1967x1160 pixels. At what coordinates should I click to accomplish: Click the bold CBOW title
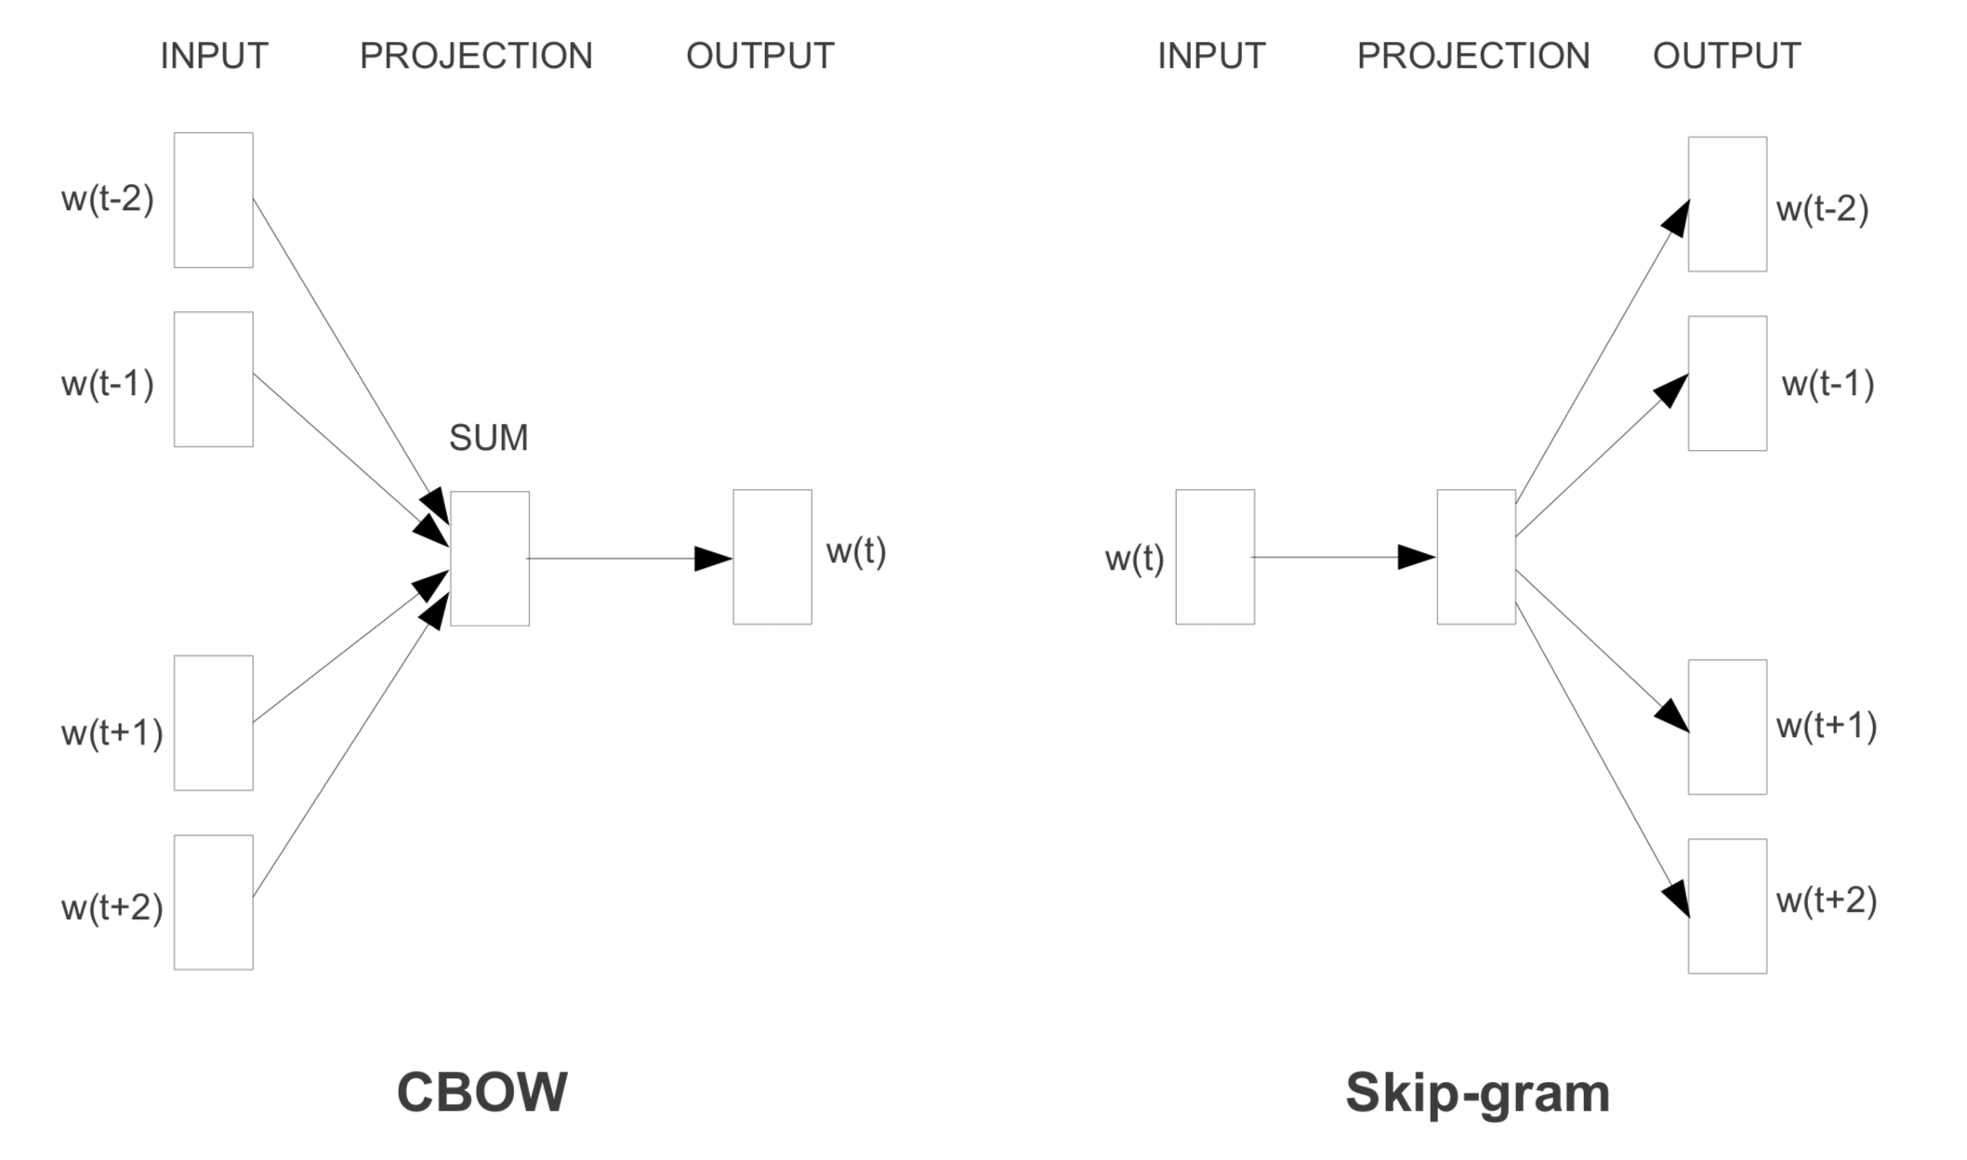coord(482,1092)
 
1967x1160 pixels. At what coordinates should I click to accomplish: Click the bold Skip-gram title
coord(1477,1093)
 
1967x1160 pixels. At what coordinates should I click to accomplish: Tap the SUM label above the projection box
coord(488,438)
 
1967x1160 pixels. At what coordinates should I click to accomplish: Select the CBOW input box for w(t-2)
coord(213,200)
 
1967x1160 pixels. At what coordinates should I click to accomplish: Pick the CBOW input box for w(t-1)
coord(213,379)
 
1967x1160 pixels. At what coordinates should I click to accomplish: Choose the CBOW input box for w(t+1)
coord(213,723)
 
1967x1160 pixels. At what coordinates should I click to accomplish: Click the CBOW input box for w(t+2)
coord(213,903)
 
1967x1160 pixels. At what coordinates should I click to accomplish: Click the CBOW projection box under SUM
coord(490,559)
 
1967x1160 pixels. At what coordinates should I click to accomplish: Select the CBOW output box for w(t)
coord(772,557)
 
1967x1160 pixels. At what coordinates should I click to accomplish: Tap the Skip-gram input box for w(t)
coord(1214,557)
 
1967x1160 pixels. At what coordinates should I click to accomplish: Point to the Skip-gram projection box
coord(1476,557)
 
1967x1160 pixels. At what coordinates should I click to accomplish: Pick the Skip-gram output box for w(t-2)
coord(1727,204)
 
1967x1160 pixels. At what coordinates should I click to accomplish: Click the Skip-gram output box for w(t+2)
coord(1727,906)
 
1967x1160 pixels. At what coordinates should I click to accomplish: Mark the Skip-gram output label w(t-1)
coord(1828,384)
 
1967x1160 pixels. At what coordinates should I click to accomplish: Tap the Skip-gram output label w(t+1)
coord(1827,726)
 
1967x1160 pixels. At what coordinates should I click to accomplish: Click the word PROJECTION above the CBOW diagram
coord(476,56)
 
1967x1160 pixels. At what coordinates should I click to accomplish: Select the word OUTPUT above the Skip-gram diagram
coord(1726,56)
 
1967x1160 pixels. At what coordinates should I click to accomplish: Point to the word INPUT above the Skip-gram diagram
coord(1211,56)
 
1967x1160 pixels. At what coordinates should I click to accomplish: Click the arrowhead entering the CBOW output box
coord(713,559)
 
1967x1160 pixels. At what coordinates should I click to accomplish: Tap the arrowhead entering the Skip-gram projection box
coord(1417,557)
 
